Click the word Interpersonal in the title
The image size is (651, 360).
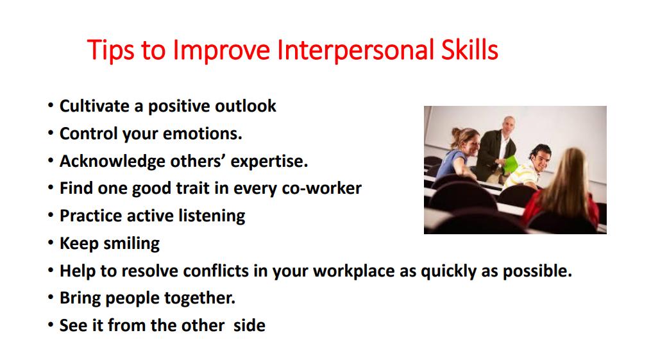coord(353,51)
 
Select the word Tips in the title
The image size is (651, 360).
coord(111,51)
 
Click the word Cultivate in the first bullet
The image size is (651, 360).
coord(95,106)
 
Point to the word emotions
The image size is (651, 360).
coord(202,133)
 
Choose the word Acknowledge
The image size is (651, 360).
coord(112,162)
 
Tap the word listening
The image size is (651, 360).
coord(212,216)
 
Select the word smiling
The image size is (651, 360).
coord(131,243)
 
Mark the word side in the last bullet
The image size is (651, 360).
coord(249,325)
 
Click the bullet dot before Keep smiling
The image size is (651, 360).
coord(51,243)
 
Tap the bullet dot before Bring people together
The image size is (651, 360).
coord(51,297)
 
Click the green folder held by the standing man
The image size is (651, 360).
coord(511,164)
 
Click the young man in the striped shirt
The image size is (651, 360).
coord(528,167)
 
